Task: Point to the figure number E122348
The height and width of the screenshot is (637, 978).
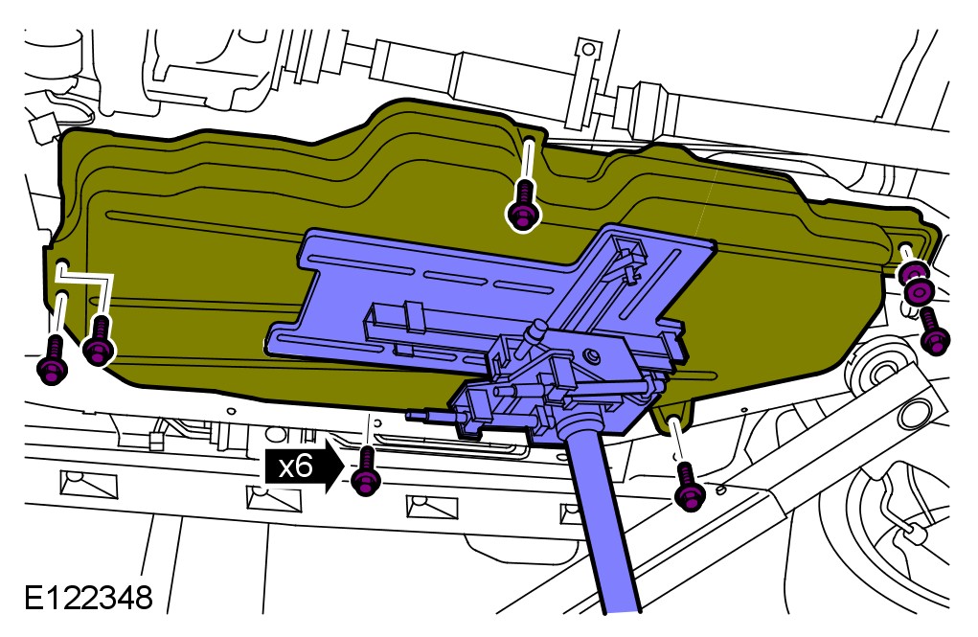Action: click(88, 597)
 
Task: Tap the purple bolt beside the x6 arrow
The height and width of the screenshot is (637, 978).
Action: click(366, 471)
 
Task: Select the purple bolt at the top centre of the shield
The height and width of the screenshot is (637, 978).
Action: click(523, 205)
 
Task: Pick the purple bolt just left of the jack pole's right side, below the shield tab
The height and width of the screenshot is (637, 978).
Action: click(689, 488)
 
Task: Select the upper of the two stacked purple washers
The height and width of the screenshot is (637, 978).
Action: click(913, 272)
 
